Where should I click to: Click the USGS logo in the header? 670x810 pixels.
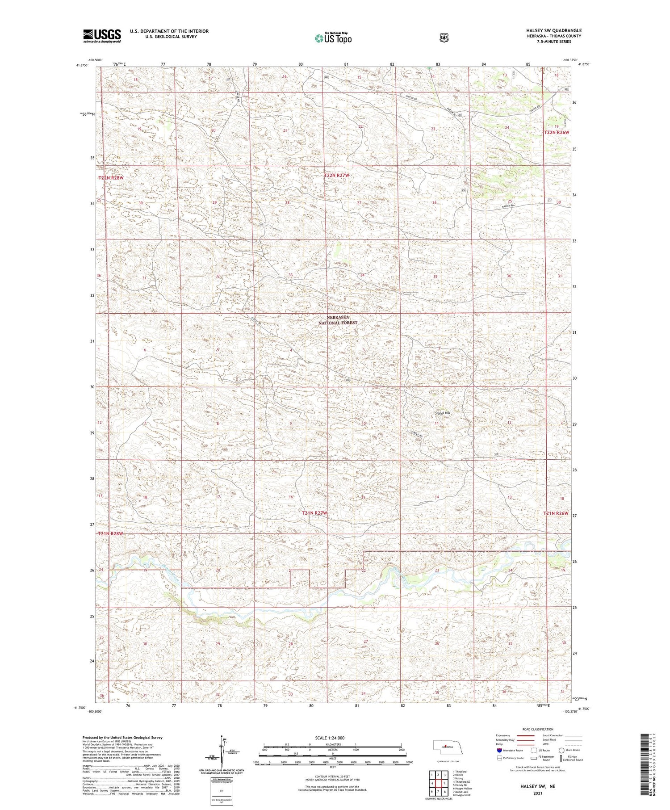click(102, 36)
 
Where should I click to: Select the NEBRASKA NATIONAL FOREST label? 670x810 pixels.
click(341, 319)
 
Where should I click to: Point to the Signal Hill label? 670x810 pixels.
click(442, 413)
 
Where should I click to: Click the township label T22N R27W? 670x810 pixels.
click(336, 176)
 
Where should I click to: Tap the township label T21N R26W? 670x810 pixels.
click(556, 513)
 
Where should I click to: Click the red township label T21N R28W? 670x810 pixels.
click(110, 534)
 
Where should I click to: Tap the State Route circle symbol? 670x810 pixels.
click(561, 751)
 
